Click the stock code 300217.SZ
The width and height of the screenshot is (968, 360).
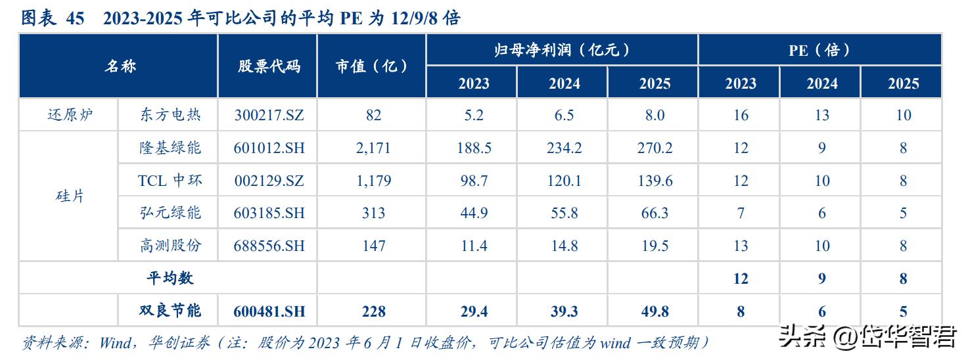269,116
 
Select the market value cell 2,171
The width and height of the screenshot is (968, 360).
373,148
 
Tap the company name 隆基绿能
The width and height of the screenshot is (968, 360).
170,148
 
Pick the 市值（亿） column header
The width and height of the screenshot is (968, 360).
372,66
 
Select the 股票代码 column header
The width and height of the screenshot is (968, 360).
269,66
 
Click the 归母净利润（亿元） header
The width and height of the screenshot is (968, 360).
563,50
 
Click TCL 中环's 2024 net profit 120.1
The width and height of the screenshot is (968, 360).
564,181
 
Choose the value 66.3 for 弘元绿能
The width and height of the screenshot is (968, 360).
655,213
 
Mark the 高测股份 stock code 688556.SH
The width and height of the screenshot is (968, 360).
269,246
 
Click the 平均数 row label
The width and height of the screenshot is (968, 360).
170,278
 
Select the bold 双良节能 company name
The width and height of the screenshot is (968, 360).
170,311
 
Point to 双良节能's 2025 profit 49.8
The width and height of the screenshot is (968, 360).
655,311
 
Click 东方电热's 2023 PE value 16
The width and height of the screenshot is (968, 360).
741,116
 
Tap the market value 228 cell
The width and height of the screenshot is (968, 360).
373,311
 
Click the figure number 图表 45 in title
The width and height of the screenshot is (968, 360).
53,18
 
